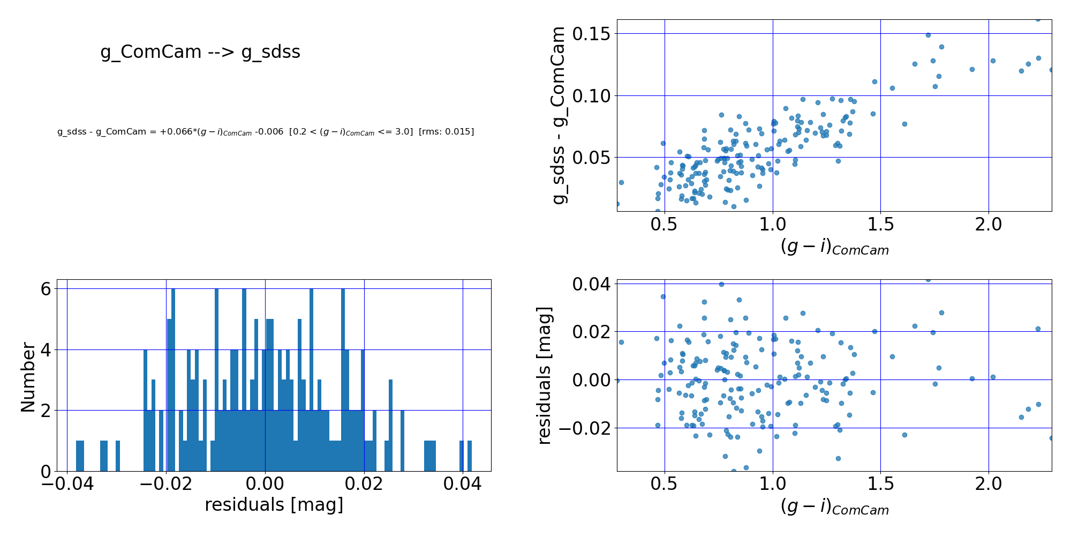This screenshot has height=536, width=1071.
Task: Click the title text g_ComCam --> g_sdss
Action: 200,52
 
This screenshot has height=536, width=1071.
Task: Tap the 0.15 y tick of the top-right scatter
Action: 592,34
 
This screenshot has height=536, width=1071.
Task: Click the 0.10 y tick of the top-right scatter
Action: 592,96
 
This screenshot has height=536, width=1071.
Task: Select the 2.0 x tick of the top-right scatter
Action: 988,224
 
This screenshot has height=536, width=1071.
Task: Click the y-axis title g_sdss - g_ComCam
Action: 559,115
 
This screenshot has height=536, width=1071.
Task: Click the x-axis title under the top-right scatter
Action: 834,247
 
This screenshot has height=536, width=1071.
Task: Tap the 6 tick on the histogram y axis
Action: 46,289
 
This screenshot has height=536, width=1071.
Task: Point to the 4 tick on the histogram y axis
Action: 46,350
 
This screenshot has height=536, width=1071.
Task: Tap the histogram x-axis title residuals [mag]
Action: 274,505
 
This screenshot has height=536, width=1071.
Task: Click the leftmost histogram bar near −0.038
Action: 80,456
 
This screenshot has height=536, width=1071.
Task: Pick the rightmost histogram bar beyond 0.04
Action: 470,456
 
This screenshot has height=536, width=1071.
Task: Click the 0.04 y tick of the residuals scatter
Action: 592,284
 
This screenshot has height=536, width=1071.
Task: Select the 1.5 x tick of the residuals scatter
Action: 880,484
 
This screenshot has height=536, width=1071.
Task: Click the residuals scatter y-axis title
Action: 545,375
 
